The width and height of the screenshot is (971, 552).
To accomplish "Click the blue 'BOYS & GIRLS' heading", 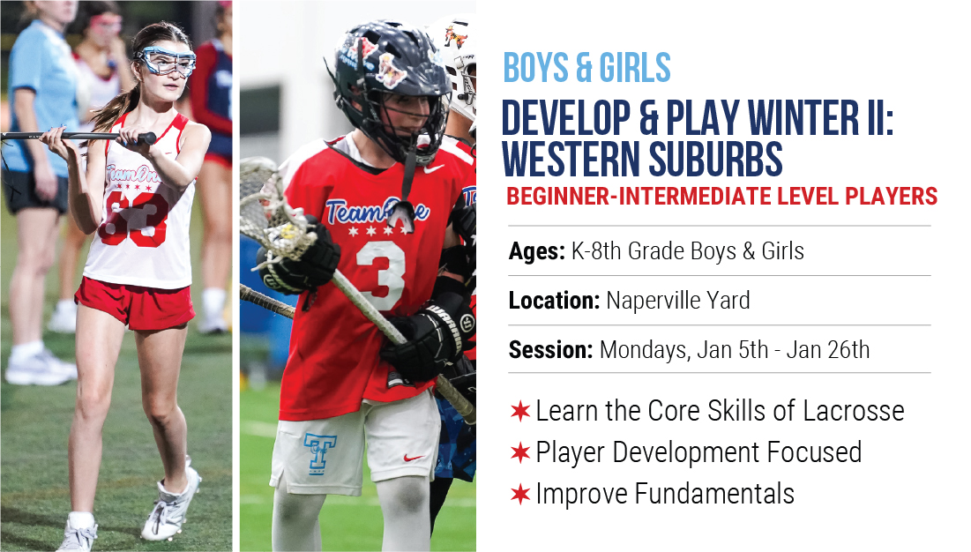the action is click(586, 67).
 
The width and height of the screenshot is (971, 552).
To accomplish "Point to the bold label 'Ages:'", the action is click(536, 252).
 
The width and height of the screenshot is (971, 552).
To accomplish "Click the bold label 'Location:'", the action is click(554, 301).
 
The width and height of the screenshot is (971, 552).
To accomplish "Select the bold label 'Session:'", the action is click(550, 350).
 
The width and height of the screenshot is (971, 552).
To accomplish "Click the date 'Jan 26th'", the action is click(828, 350).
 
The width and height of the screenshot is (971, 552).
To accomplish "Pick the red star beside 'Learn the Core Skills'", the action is click(520, 411).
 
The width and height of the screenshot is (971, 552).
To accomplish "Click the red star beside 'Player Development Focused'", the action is click(520, 452).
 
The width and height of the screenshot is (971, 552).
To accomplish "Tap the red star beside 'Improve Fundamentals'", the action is click(520, 494).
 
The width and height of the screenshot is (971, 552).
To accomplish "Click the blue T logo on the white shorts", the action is click(320, 453).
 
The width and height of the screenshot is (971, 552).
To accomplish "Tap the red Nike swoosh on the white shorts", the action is click(413, 458).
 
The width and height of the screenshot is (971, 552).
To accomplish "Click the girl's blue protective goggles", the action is click(165, 61).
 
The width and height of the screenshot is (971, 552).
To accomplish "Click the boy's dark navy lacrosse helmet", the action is click(390, 80).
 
